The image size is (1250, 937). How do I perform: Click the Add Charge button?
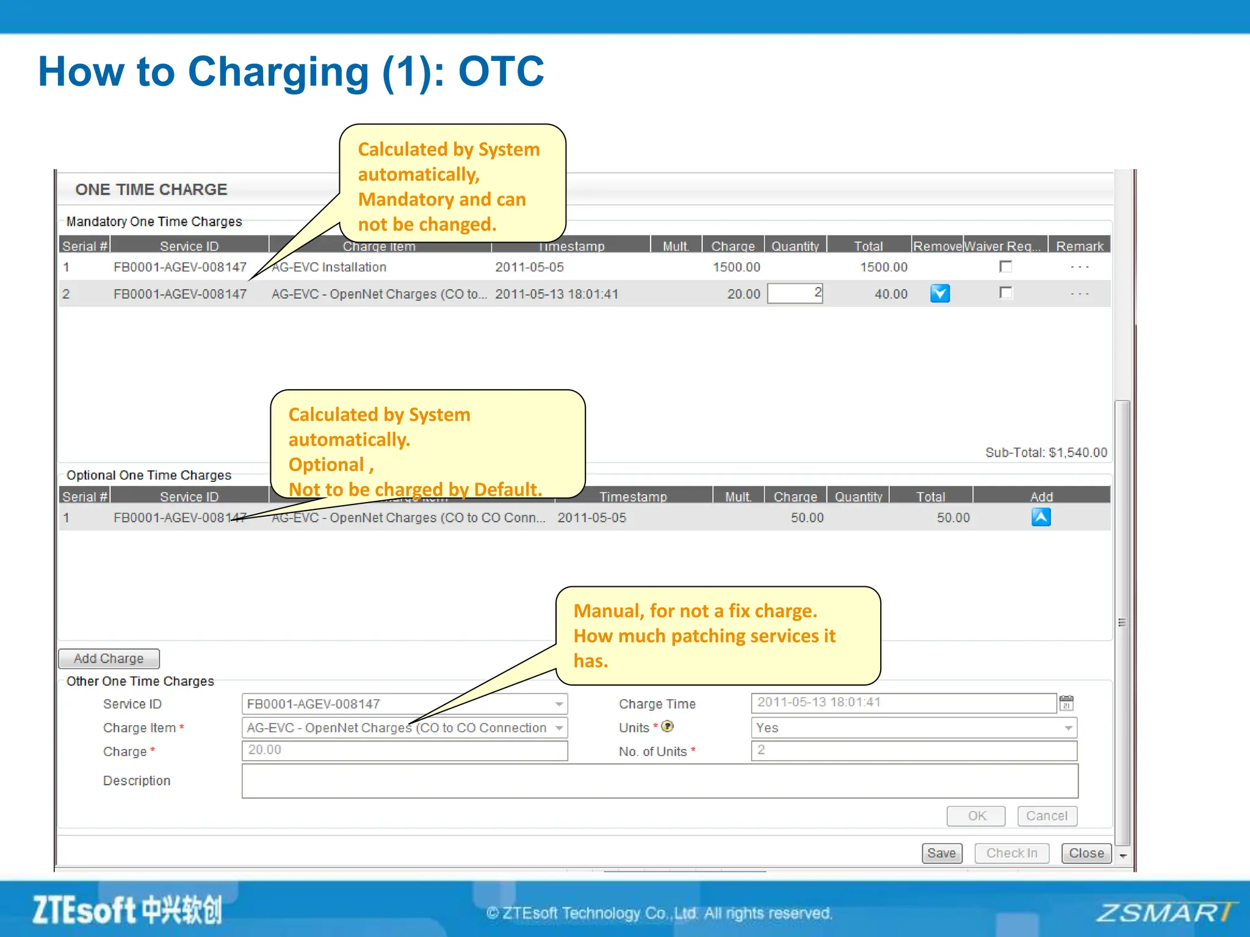(x=109, y=659)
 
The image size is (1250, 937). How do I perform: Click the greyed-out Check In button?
(x=1011, y=853)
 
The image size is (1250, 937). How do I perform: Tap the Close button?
(x=1086, y=853)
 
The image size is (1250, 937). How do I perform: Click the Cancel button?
(x=1046, y=816)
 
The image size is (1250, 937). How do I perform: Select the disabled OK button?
(x=976, y=816)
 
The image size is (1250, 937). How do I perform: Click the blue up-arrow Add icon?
(x=1041, y=517)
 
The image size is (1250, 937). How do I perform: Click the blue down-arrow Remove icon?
(x=939, y=294)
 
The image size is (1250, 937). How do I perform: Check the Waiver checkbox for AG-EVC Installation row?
(x=1005, y=267)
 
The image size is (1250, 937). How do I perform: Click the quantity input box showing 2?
(x=795, y=293)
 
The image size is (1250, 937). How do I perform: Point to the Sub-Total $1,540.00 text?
(x=1046, y=453)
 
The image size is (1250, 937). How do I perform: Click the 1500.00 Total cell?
(x=883, y=267)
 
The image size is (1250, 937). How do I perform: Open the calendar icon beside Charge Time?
(x=1066, y=703)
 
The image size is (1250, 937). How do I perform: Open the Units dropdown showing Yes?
(x=913, y=728)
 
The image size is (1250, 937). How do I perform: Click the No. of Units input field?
(x=913, y=750)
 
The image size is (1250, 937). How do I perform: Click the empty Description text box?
(x=659, y=781)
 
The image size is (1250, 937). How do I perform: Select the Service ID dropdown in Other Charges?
(x=404, y=704)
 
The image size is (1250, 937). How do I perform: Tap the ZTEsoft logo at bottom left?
(x=127, y=910)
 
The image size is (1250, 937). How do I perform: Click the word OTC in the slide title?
(x=500, y=72)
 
